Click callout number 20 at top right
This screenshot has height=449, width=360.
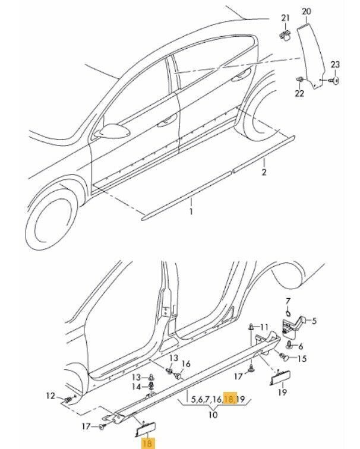tap(307, 11)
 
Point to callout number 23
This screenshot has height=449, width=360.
tap(334, 64)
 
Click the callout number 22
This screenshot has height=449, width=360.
tap(299, 93)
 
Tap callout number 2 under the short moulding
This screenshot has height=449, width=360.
tap(263, 173)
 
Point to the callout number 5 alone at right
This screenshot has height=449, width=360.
tap(314, 321)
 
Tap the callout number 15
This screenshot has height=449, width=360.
tap(303, 358)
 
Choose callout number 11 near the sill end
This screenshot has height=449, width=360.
tap(264, 327)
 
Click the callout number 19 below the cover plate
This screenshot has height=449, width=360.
tap(282, 393)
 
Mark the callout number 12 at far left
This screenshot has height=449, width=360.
tap(50, 396)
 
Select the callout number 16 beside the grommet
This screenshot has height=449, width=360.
tap(186, 363)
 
